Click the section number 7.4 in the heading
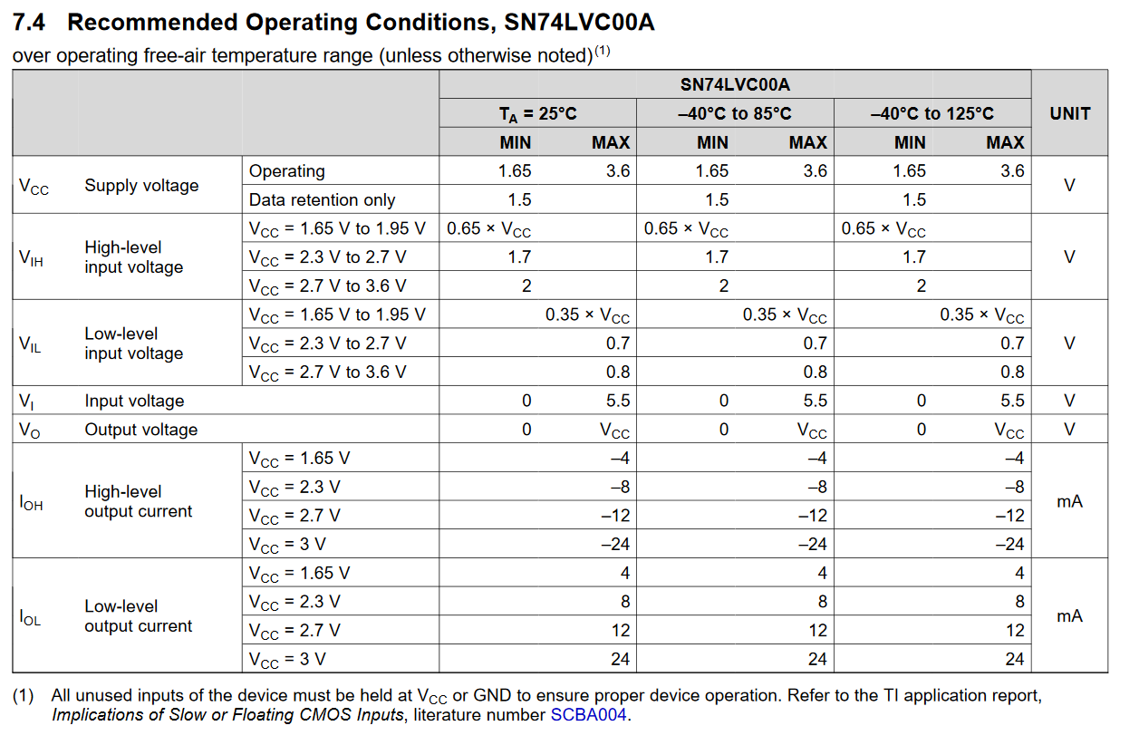point(29,23)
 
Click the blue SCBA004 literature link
point(588,714)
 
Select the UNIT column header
point(1070,113)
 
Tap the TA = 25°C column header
point(537,113)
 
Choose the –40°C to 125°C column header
point(932,113)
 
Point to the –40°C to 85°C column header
point(735,113)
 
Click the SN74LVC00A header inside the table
point(735,84)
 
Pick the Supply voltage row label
point(141,185)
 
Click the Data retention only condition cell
point(322,200)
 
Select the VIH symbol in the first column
point(31,257)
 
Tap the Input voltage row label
point(134,401)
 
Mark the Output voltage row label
point(140,430)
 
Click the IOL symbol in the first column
point(30,617)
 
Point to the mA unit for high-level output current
point(1070,501)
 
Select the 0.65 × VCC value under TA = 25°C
point(488,228)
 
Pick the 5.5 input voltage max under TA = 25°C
point(618,401)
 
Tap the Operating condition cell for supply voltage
point(286,171)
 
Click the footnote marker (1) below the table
point(24,695)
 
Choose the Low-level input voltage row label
point(134,343)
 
